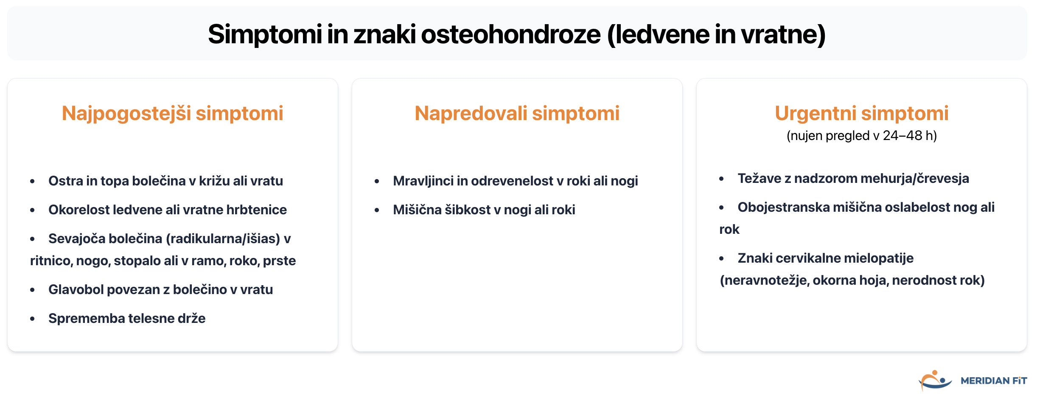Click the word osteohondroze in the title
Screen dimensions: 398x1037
tap(510, 34)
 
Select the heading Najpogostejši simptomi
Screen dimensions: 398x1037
tap(172, 113)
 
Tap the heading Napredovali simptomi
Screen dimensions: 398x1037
tap(517, 113)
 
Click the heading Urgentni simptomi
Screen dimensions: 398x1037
tap(861, 113)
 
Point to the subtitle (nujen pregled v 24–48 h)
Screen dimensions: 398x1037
tap(861, 136)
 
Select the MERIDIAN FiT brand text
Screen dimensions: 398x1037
tap(993, 381)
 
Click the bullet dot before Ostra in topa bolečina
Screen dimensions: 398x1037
tap(32, 182)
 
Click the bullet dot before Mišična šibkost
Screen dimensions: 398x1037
tap(377, 210)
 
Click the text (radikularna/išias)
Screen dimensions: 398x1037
tap(223, 238)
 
